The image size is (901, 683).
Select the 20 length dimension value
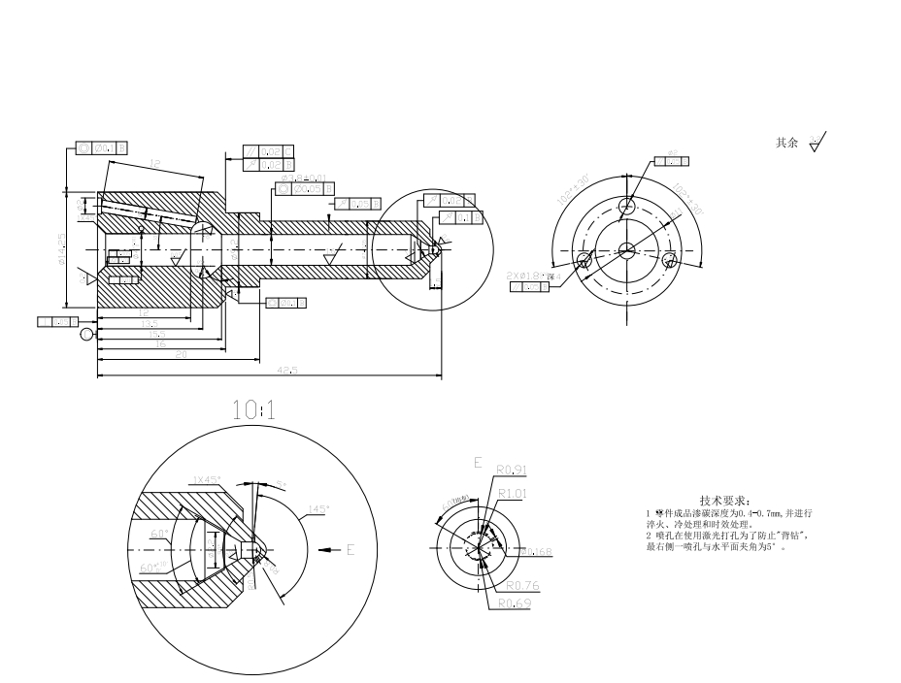[x=181, y=355]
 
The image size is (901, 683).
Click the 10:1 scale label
[x=253, y=410]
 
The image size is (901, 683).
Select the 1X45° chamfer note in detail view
[x=208, y=480]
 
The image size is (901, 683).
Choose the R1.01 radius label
[x=512, y=493]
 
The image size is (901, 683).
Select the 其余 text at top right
[x=786, y=143]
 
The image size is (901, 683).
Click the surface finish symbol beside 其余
[x=818, y=143]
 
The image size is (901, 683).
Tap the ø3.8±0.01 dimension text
[x=301, y=179]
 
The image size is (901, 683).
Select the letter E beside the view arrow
[x=350, y=550]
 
